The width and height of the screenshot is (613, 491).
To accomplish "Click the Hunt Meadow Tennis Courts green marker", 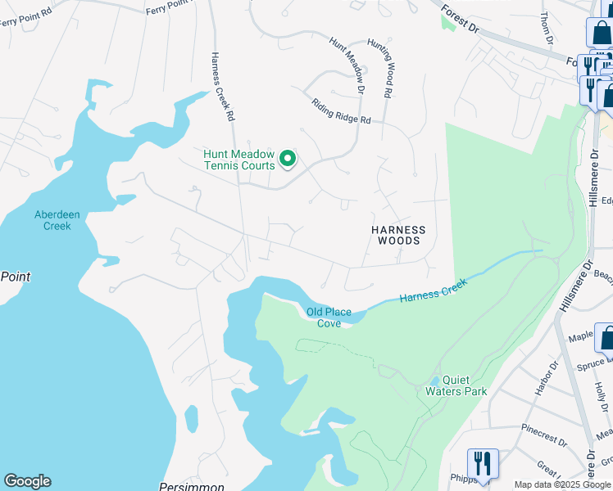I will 287,158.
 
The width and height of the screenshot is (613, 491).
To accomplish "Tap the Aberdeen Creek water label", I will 57,220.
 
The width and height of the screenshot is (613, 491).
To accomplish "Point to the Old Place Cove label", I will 329,318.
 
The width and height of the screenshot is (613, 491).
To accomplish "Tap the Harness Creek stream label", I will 433,291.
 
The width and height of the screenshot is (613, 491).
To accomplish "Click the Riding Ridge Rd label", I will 341,111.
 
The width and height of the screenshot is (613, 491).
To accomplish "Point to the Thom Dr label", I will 547,28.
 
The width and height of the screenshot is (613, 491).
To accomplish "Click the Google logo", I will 27,481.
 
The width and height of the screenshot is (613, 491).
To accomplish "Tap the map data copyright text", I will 562,484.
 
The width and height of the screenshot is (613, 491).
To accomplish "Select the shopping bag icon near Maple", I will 607,336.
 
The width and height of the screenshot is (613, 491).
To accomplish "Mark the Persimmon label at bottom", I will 193,486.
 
